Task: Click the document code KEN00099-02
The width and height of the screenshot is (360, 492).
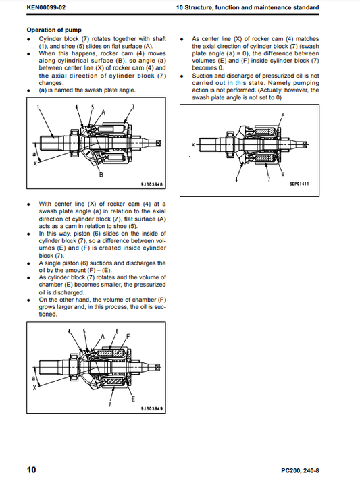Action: (x=46, y=7)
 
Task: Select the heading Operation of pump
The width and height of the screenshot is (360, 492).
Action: (x=54, y=30)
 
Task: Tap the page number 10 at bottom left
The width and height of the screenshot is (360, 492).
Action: (x=32, y=470)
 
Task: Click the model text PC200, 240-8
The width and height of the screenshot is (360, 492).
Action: (x=300, y=470)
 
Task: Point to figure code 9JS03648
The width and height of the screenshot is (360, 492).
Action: (x=152, y=184)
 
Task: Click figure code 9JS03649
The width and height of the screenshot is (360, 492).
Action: (x=152, y=409)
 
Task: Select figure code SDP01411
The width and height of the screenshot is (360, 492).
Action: (x=299, y=184)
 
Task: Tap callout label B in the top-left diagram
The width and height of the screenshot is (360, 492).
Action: (x=101, y=175)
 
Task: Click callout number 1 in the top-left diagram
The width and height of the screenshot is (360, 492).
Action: (x=38, y=107)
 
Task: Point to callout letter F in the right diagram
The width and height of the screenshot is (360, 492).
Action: (x=283, y=115)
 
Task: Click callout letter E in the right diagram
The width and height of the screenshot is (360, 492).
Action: (x=283, y=174)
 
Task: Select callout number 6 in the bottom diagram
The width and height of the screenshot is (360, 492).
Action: (x=117, y=331)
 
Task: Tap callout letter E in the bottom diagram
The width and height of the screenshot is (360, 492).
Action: (x=133, y=399)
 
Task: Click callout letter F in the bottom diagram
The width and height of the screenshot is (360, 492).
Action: (x=128, y=337)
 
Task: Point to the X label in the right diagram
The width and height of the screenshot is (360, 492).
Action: (x=193, y=145)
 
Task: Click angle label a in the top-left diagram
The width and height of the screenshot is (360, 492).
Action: (x=34, y=154)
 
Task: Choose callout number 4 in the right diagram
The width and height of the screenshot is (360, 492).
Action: (x=236, y=180)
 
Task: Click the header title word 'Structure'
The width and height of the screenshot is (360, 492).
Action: (x=199, y=7)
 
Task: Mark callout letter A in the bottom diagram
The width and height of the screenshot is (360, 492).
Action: (x=103, y=337)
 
